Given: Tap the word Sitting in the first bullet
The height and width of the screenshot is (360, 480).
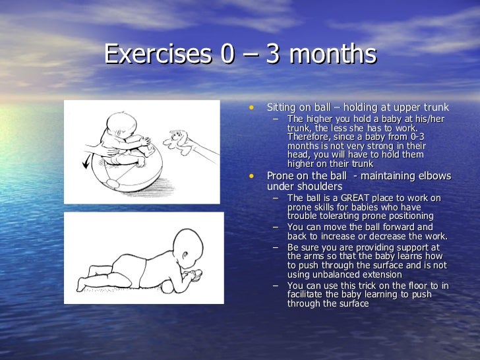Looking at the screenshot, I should tap(281, 107).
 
